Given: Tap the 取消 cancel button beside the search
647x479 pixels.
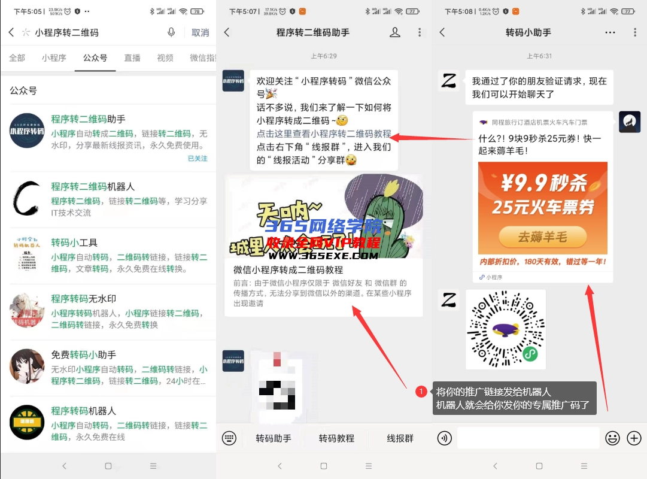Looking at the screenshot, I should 201,33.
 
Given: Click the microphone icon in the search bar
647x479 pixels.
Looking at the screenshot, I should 172,33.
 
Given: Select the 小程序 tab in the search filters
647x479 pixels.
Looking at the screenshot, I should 54,58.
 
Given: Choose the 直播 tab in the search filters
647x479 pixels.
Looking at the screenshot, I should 132,58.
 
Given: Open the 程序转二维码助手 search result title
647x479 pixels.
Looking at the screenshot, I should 88,119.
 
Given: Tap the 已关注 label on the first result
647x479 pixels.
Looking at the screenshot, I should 198,159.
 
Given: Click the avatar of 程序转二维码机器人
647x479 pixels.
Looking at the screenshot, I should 27,199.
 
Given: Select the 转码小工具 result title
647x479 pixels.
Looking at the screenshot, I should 74,242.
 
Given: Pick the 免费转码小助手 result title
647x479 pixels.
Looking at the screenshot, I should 83,355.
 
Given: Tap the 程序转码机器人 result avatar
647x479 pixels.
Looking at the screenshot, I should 27,423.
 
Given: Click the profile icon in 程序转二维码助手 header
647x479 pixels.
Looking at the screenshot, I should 395,33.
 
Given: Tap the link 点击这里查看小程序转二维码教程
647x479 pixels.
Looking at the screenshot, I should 324,134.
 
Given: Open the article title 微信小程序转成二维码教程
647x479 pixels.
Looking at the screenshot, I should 288,270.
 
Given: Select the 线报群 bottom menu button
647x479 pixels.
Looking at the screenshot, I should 400,438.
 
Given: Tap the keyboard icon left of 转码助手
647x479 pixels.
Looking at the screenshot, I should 229,438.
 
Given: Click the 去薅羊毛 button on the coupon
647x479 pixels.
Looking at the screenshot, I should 542,237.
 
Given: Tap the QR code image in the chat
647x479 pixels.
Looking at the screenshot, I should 506,329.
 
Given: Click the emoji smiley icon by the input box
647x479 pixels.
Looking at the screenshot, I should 612,438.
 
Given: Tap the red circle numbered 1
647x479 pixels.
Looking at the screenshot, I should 421,392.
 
